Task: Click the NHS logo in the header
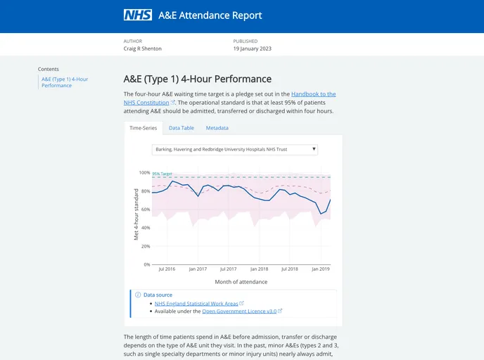[x=137, y=15]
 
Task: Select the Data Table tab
[x=181, y=128]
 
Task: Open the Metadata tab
[x=217, y=128]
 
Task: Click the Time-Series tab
[x=143, y=128]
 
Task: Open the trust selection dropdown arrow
[x=314, y=149]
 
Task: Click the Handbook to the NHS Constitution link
[x=313, y=94]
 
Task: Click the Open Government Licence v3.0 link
[x=238, y=311]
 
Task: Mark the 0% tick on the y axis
[x=146, y=264]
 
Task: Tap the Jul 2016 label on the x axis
[x=167, y=269]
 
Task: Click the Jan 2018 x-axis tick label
[x=259, y=269]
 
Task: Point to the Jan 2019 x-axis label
[x=321, y=269]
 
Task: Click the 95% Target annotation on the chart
[x=162, y=174]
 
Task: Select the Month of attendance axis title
[x=241, y=282]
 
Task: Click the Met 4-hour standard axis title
[x=136, y=214]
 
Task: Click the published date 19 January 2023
[x=252, y=49]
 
